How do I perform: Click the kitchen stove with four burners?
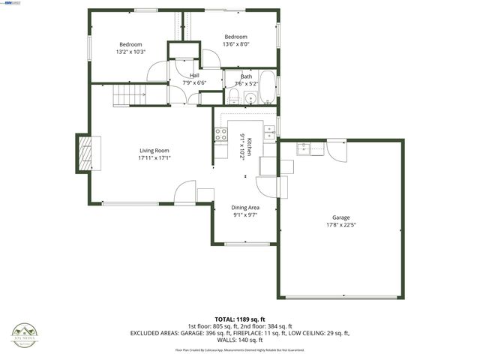pyautogui.click(x=221, y=135)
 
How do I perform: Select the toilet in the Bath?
pyautogui.click(x=233, y=95)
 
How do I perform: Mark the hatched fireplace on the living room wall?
pyautogui.click(x=87, y=153)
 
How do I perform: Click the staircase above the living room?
pyautogui.click(x=129, y=94)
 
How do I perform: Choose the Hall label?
pyautogui.click(x=194, y=75)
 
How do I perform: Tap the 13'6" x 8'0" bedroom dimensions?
pyautogui.click(x=235, y=44)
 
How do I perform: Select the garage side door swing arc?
pyautogui.click(x=337, y=150)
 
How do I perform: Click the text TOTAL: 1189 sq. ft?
pyautogui.click(x=239, y=319)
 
